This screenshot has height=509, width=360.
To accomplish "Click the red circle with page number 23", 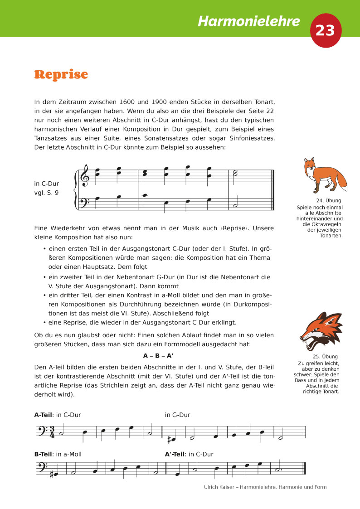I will click(325, 30).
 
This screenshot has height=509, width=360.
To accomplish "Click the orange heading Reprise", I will click(61, 74).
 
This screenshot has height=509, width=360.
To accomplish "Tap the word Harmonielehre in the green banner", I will click(249, 21).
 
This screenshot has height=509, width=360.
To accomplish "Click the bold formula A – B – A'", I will click(158, 356).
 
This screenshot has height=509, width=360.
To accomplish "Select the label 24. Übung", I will click(328, 200).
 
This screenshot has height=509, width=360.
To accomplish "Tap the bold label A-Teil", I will click(43, 415).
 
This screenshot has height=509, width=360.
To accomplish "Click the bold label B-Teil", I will click(43, 454).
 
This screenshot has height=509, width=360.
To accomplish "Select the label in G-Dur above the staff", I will click(177, 415).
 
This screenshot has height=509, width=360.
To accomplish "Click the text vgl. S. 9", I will click(46, 192).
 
